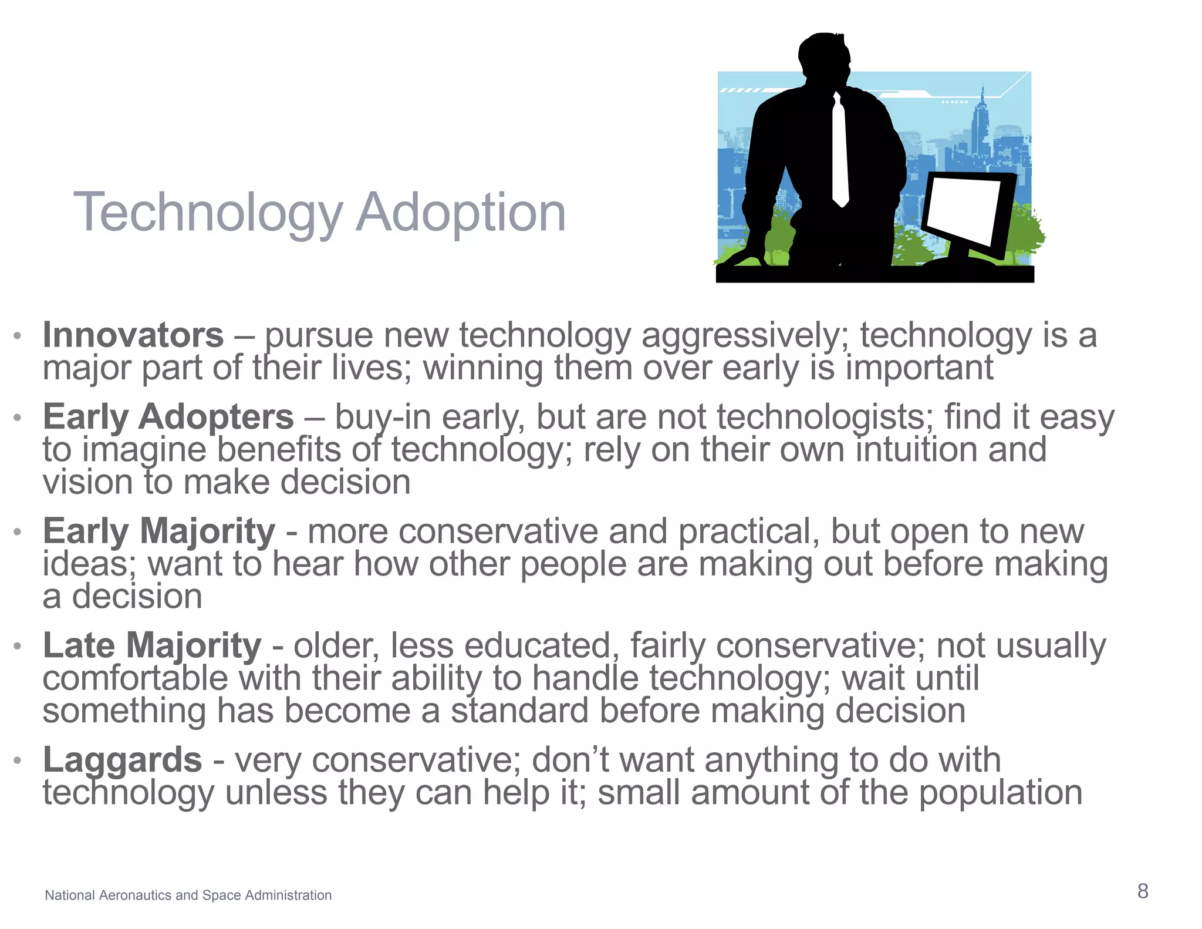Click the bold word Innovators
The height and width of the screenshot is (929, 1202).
[x=133, y=335]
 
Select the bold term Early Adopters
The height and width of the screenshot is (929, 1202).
[x=168, y=417]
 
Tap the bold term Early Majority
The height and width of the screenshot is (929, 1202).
[x=158, y=531]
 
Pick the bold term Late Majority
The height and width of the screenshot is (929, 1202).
[x=152, y=646]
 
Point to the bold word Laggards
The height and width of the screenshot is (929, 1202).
[x=122, y=760]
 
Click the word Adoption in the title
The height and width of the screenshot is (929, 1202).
[x=461, y=212]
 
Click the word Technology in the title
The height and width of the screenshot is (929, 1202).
[x=208, y=212]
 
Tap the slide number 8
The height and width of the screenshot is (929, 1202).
[x=1142, y=891]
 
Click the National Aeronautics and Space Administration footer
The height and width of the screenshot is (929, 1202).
[x=188, y=895]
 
